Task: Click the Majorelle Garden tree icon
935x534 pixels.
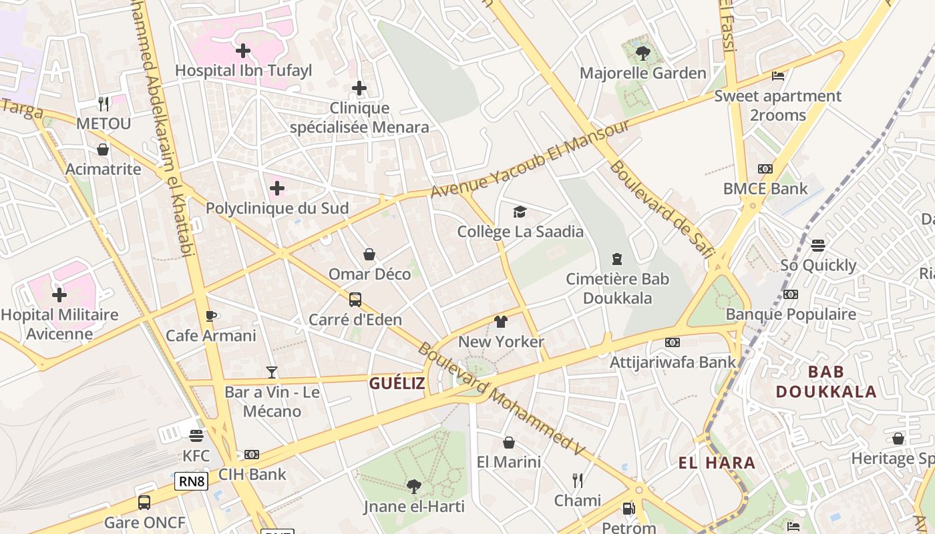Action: coord(642,53)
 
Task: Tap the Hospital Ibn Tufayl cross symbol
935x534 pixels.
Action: coord(243,50)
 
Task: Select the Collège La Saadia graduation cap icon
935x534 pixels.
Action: coord(520,212)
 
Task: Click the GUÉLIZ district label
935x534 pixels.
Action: coord(397,383)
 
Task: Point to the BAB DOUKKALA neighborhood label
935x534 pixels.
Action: coord(826,381)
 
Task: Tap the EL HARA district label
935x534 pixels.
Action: coord(717,463)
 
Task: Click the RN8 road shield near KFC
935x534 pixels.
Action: coord(192,481)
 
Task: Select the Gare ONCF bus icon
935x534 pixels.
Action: coord(144,503)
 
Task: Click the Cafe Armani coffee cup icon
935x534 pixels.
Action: coord(211,316)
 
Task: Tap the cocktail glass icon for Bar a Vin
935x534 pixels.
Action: coord(271,372)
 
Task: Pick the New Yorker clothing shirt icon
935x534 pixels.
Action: coord(501,322)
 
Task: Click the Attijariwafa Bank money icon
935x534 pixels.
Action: coord(673,342)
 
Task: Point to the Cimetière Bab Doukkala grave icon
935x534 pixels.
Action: coord(617,259)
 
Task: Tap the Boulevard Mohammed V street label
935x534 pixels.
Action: coord(501,400)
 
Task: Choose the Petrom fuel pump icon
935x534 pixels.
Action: coord(628,509)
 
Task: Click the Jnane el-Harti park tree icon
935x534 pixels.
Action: coord(414,487)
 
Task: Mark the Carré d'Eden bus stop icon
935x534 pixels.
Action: coord(355,300)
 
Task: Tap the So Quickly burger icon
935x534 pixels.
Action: coord(818,245)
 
